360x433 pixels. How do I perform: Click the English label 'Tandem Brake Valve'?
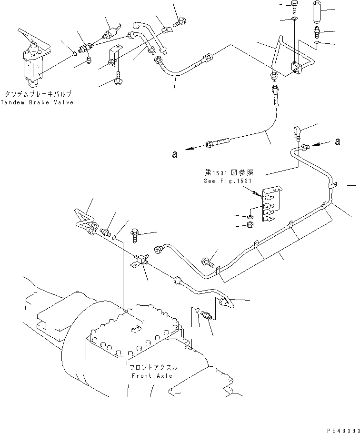click(37, 102)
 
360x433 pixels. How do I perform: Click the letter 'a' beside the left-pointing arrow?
click(175, 153)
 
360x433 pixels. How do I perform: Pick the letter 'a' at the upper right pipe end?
click(338, 141)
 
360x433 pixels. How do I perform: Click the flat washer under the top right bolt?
click(295, 20)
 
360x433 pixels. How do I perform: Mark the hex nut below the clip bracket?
click(250, 224)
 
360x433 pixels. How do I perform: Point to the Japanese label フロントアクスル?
click(153, 367)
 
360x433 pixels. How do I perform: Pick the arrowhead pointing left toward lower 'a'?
click(189, 149)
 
